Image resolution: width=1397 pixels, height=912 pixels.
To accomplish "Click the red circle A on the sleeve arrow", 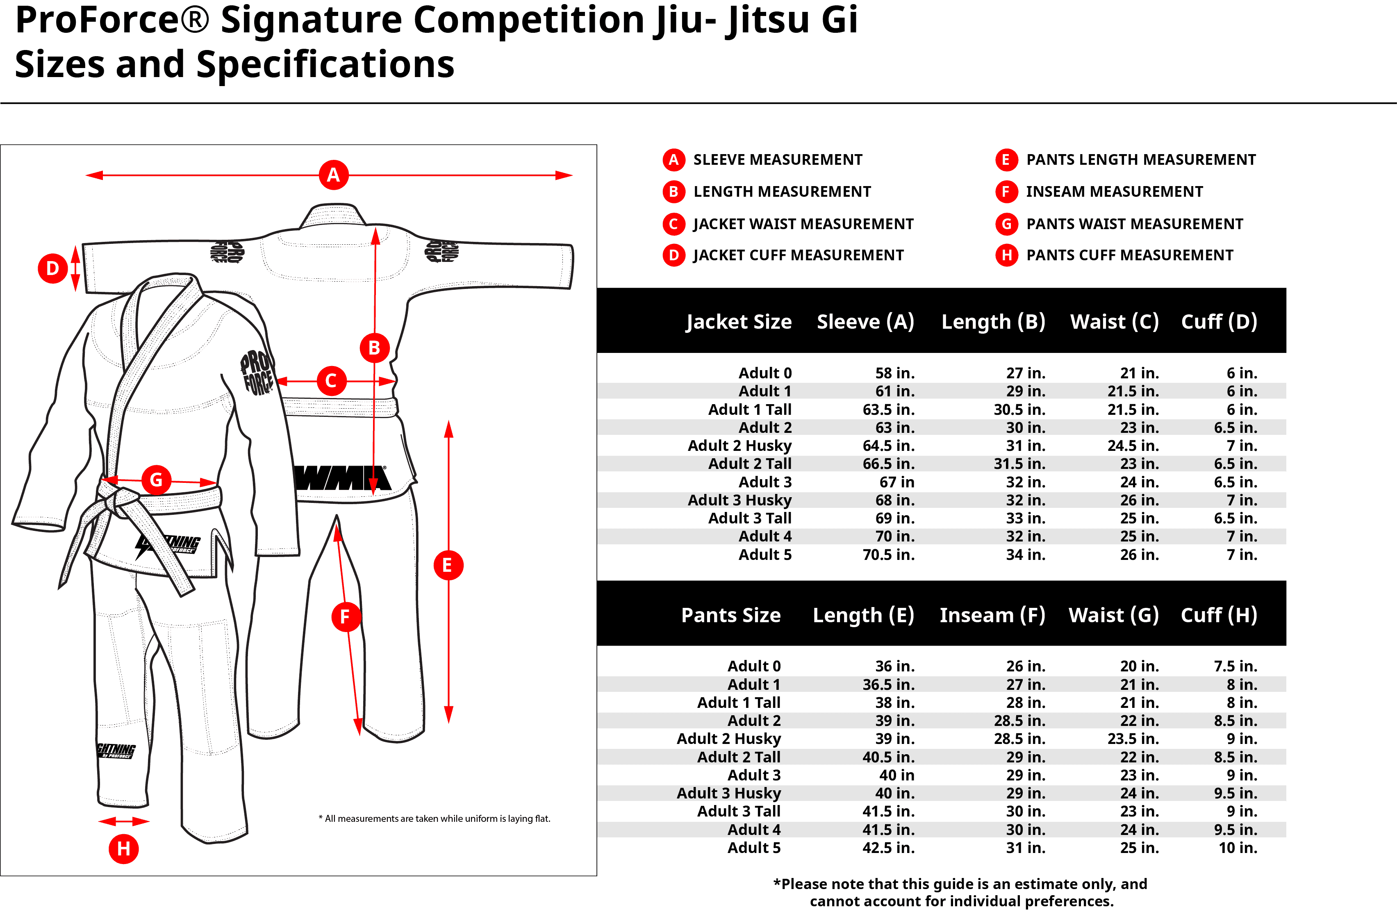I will point(333,175).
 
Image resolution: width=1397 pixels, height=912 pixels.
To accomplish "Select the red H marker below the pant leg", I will point(124,848).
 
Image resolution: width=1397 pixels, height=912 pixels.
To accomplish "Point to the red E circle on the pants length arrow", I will point(448,565).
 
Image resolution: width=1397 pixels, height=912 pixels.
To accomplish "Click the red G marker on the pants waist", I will point(156,480).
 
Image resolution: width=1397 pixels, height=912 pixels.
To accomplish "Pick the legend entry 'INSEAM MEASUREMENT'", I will point(1114,192).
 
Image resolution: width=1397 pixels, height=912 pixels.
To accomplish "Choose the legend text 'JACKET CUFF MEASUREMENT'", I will point(798,255).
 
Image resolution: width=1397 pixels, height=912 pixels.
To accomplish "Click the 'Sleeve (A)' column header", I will point(865,322).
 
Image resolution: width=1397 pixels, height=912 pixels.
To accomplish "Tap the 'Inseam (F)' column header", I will point(992,615).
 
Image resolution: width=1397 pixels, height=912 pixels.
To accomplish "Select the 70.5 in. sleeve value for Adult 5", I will point(888,555).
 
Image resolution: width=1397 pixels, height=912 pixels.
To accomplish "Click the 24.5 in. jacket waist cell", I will point(1133,446).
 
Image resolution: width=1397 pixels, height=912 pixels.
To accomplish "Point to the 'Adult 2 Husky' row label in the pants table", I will point(728,739).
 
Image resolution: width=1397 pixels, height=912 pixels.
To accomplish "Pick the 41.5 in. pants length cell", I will point(888,812).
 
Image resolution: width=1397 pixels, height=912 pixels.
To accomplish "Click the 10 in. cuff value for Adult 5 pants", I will point(1238,848).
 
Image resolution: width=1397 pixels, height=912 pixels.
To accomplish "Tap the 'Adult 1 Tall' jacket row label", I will point(750,409).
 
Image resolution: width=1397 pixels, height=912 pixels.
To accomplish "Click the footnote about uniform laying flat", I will point(435,819).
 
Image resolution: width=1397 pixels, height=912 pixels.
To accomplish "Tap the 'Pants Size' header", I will point(731,615).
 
